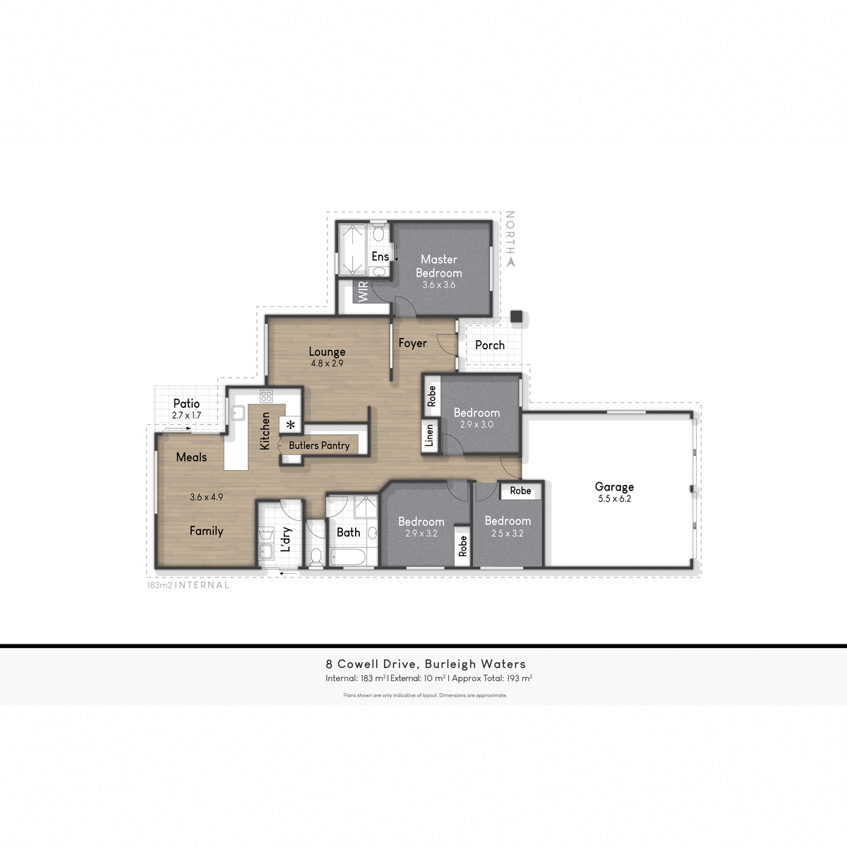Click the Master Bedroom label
pyautogui.click(x=438, y=266)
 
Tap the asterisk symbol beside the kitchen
pyautogui.click(x=290, y=425)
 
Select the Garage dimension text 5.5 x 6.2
pyautogui.click(x=614, y=498)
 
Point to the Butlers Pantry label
pyautogui.click(x=319, y=445)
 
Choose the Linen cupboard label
pyautogui.click(x=429, y=435)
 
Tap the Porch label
pyautogui.click(x=490, y=345)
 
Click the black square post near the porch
pyautogui.click(x=517, y=318)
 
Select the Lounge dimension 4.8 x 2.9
pyautogui.click(x=327, y=364)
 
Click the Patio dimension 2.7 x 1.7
pyautogui.click(x=186, y=416)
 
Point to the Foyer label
pyautogui.click(x=412, y=343)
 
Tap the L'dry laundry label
pyautogui.click(x=287, y=539)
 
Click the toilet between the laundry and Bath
pyautogui.click(x=316, y=556)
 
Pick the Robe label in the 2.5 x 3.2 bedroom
pyautogui.click(x=520, y=491)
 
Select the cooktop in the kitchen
pyautogui.click(x=266, y=396)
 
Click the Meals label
pyautogui.click(x=191, y=457)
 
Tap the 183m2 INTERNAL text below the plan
pyautogui.click(x=188, y=585)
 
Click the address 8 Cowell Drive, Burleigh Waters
pyautogui.click(x=426, y=663)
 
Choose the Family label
pyautogui.click(x=206, y=531)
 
